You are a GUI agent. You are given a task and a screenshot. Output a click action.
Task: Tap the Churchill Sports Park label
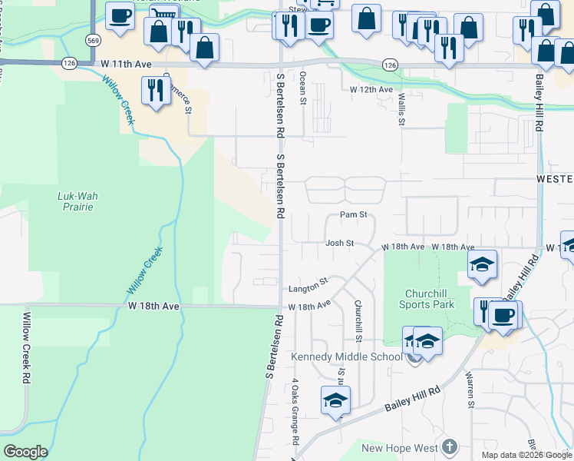pos(427,299)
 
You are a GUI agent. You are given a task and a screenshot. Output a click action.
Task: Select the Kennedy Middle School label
pos(346,357)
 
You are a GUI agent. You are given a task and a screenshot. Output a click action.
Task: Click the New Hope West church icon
pos(449,447)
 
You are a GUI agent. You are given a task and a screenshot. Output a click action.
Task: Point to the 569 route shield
pos(93,40)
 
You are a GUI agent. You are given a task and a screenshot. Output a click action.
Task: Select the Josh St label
pos(339,243)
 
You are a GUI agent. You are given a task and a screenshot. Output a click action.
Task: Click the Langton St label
pos(308,289)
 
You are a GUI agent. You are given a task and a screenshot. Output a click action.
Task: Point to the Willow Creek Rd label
pos(25,348)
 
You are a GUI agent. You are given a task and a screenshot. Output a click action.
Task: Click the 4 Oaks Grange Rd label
pos(294,412)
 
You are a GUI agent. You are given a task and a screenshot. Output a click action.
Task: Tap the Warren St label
pos(469,390)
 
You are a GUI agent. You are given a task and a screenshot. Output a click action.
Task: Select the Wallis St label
pos(401,108)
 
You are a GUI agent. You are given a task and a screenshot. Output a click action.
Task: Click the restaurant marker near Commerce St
pos(156,90)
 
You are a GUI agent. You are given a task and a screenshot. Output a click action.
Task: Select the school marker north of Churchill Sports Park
pos(482,264)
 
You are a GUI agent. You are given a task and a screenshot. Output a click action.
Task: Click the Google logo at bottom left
pos(25,452)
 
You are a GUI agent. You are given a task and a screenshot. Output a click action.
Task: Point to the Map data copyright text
pos(526,455)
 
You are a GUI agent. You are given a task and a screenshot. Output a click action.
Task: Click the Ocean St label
pos(303,88)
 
